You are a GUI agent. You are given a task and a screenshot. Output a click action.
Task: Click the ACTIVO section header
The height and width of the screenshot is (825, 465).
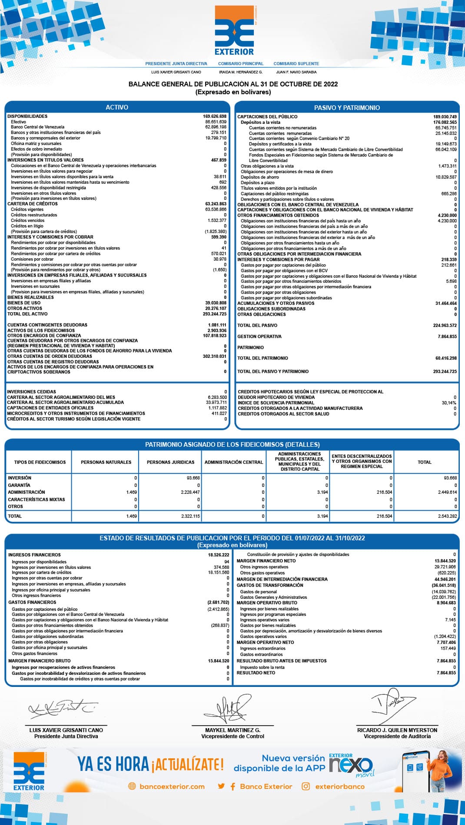(x=117, y=107)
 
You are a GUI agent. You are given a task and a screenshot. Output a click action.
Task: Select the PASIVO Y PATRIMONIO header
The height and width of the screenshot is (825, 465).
(x=347, y=108)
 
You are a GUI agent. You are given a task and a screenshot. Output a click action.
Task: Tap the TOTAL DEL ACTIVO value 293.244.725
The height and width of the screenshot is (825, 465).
(x=215, y=314)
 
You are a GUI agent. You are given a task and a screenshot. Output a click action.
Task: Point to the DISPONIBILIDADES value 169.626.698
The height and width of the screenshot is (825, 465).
(x=215, y=116)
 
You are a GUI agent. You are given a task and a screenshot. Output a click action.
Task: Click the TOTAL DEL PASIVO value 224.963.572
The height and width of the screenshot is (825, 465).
(x=445, y=325)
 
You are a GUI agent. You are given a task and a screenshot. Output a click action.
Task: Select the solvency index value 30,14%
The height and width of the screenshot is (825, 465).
(x=449, y=403)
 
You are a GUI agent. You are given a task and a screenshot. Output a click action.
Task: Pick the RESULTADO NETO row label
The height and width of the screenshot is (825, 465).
(x=256, y=673)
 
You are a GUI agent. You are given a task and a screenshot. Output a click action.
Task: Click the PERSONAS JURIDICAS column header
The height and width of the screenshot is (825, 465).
(x=170, y=462)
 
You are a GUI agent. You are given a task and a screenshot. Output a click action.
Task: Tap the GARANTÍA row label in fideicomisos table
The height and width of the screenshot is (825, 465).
(x=19, y=485)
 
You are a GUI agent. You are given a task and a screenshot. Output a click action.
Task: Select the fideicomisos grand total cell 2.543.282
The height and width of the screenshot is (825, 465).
(x=447, y=516)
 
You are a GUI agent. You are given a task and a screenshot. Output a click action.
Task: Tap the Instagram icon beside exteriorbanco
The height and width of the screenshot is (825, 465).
(x=306, y=786)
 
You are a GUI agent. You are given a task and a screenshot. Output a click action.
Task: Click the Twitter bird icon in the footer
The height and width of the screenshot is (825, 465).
(x=222, y=786)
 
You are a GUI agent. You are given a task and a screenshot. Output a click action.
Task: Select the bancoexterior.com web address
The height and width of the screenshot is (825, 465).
(x=172, y=786)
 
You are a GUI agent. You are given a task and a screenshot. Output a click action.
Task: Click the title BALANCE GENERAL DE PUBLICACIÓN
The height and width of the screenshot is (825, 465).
(x=233, y=84)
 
